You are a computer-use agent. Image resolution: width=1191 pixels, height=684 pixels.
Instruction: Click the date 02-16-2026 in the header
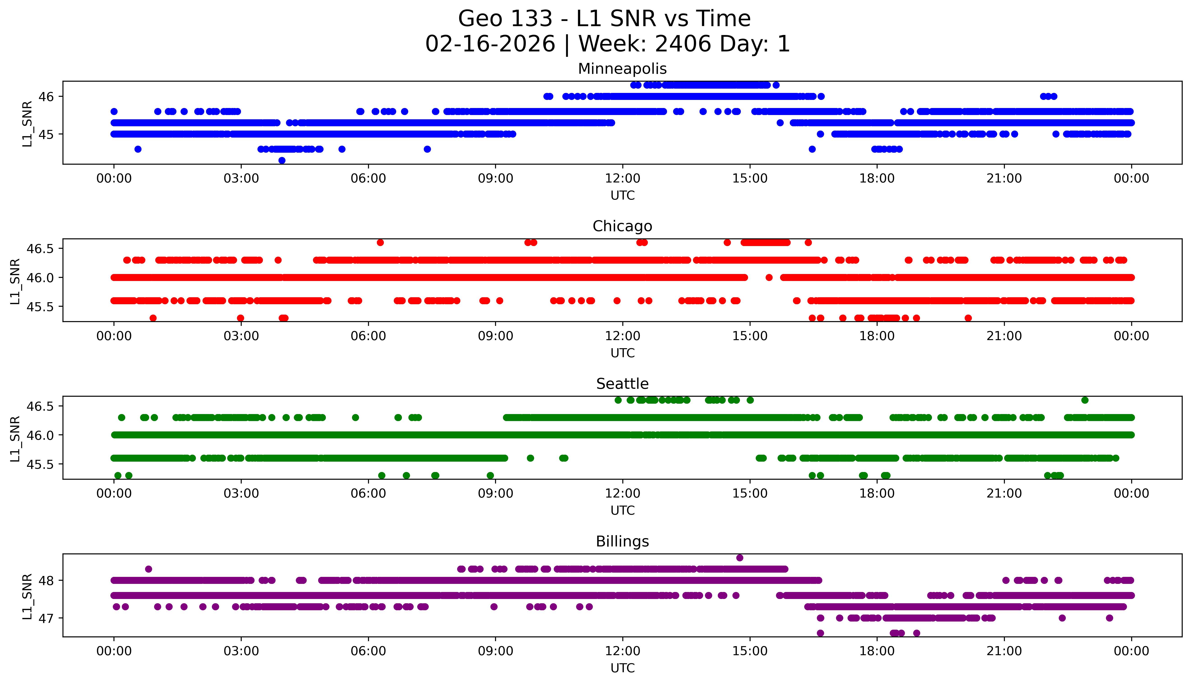[490, 44]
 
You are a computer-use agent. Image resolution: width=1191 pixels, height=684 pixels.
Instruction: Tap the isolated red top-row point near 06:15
[380, 242]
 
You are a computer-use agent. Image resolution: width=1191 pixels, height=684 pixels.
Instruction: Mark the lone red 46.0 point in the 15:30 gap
[769, 278]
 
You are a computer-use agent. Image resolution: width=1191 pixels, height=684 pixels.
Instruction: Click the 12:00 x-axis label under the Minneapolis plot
[622, 179]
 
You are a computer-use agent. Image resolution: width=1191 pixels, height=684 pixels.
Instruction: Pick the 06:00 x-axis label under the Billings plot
[368, 651]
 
